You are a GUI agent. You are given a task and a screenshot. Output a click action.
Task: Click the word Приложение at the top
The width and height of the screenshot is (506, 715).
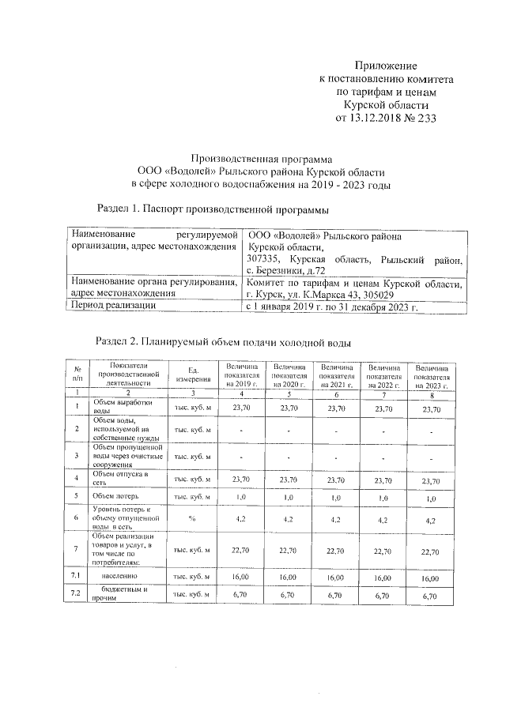tap(385, 66)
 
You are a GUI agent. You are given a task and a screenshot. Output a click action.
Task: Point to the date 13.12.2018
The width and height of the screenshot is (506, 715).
tap(376, 118)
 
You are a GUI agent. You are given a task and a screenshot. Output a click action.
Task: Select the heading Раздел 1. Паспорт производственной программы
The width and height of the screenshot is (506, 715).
tap(212, 209)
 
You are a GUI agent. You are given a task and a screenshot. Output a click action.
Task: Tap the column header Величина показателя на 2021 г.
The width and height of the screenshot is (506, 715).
tap(336, 374)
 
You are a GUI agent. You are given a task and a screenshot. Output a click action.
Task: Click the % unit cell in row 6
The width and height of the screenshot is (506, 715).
tap(192, 520)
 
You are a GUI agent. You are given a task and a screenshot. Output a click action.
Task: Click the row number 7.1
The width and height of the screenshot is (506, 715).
tap(77, 578)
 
